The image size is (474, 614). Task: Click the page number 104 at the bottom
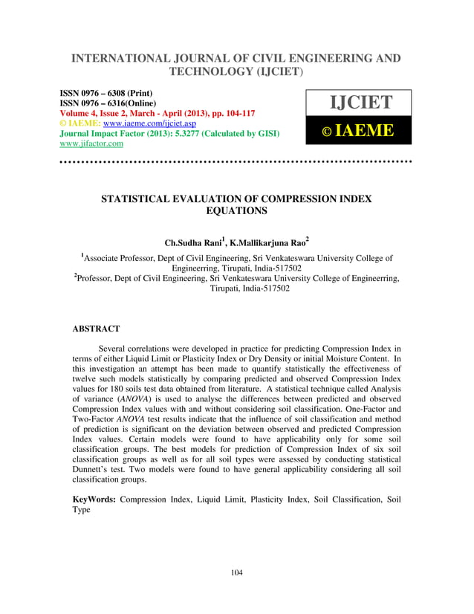tap(237, 572)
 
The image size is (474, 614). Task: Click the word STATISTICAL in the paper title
tap(144, 198)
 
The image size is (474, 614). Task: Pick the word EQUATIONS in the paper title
tap(237, 211)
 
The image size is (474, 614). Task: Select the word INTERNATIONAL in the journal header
tap(123, 58)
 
